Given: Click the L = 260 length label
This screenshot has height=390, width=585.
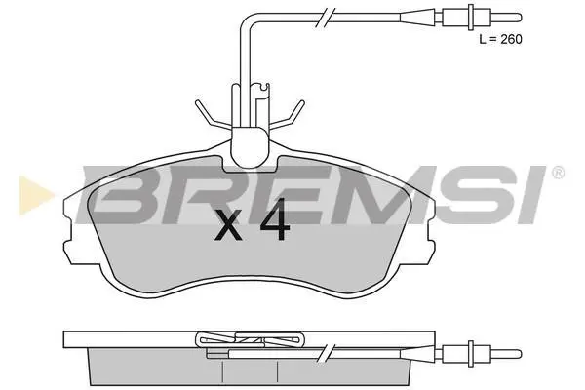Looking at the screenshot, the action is [x=500, y=39].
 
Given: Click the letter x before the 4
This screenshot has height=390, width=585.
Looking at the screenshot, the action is [x=228, y=227].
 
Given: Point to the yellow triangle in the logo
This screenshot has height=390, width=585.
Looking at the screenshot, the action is [x=35, y=195].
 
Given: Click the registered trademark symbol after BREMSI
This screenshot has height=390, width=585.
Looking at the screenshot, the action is [x=558, y=173].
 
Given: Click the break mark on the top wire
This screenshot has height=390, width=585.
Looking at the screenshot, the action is [x=323, y=18].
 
